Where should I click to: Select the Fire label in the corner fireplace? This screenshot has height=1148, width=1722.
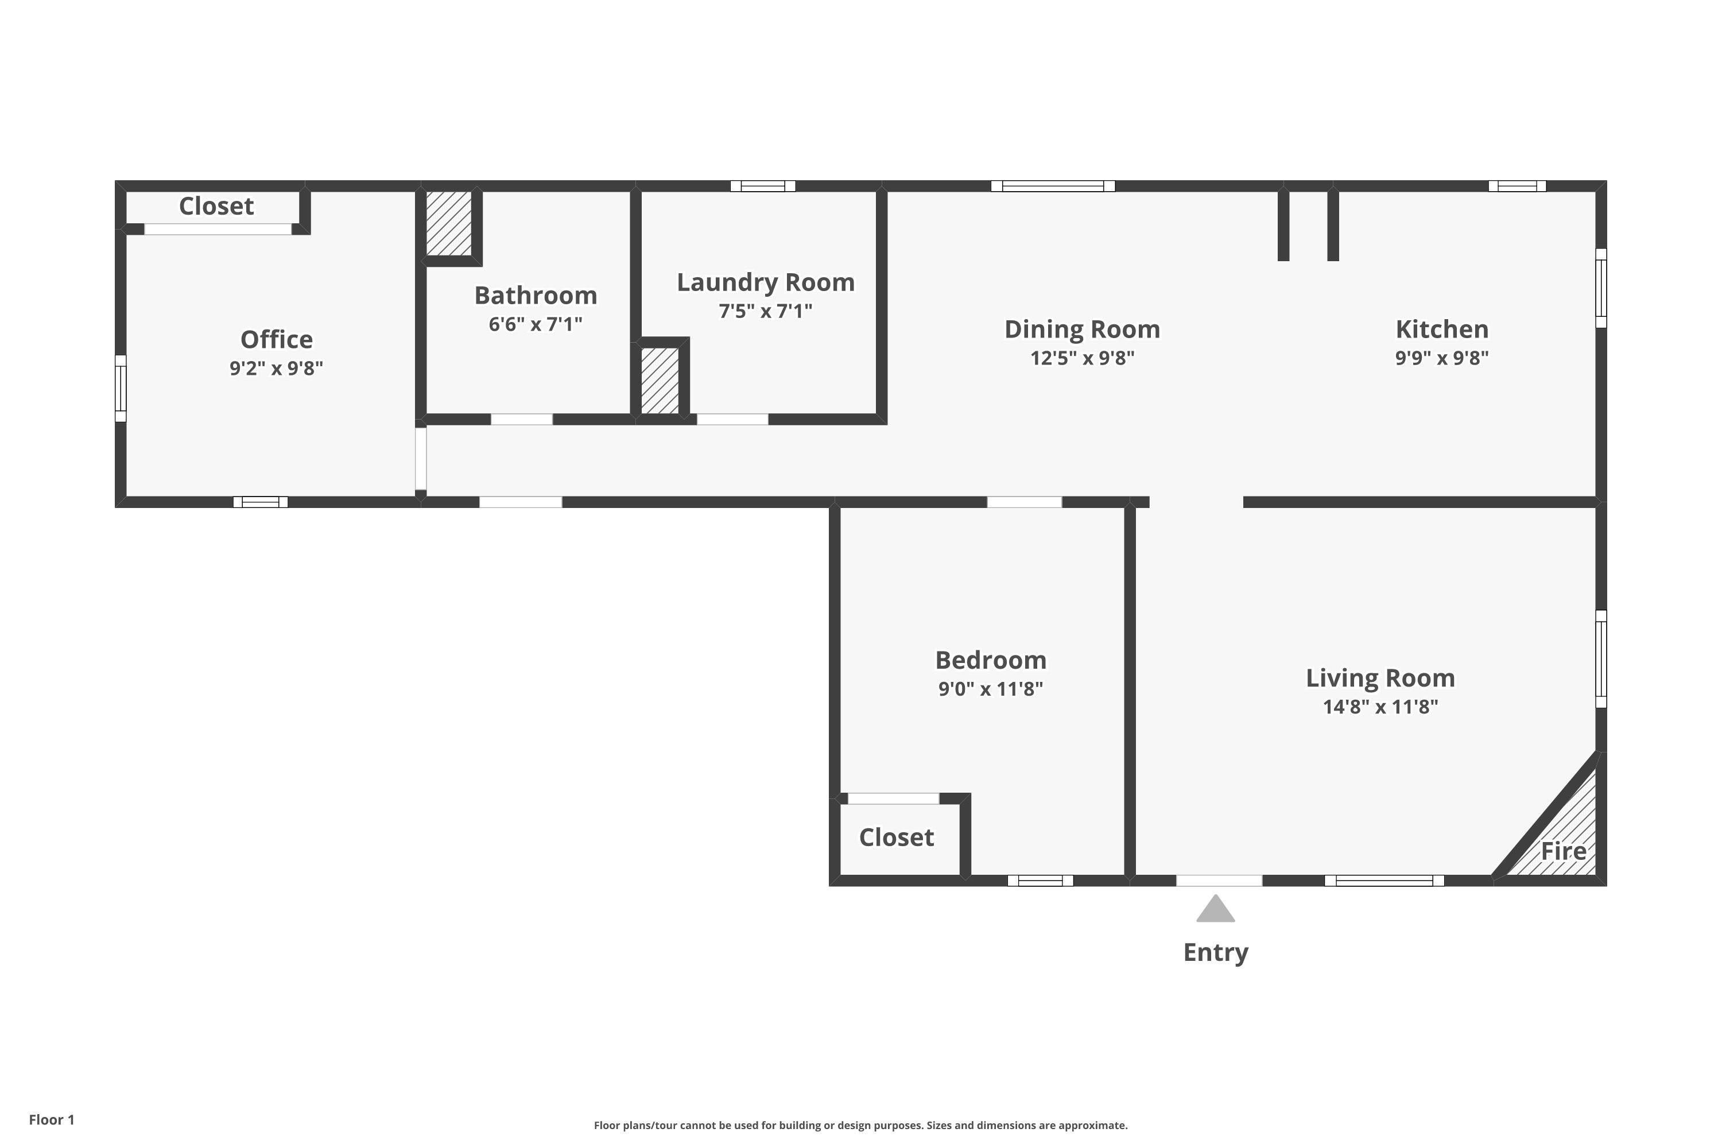click(1563, 851)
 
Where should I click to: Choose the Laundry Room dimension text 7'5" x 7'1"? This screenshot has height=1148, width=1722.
click(765, 311)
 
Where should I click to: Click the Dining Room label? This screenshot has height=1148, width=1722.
click(1082, 329)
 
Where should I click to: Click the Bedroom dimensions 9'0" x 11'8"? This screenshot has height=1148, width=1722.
click(991, 689)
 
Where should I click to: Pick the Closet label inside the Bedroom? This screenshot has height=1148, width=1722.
click(896, 837)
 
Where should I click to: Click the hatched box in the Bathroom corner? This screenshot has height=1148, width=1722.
click(449, 223)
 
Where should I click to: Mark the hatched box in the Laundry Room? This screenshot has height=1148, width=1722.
click(660, 381)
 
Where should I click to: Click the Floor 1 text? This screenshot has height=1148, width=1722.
click(51, 1119)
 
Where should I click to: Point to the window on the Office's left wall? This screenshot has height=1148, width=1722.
click(121, 388)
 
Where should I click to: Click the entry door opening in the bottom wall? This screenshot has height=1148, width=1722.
click(1219, 880)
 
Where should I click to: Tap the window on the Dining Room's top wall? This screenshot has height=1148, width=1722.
click(1053, 186)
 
